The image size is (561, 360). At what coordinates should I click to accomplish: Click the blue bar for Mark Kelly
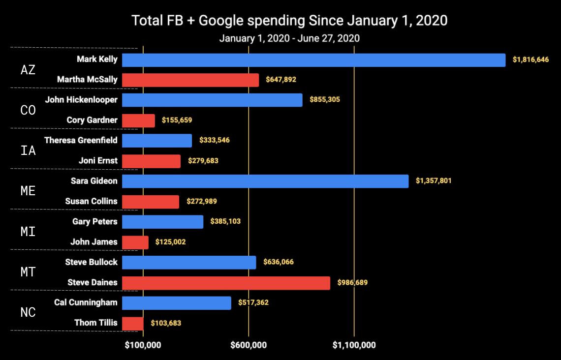click(313, 60)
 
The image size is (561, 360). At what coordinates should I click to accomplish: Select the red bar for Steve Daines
click(226, 283)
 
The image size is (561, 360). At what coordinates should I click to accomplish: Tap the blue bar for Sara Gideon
click(265, 181)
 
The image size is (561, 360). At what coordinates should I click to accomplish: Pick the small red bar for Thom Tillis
click(133, 323)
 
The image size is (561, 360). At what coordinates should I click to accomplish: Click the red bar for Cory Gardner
click(138, 120)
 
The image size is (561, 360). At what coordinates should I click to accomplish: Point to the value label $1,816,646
click(530, 60)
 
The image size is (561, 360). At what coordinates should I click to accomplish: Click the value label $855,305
click(325, 100)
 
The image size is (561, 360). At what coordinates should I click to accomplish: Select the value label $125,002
click(171, 242)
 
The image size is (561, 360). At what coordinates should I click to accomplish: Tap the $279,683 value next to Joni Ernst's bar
click(203, 161)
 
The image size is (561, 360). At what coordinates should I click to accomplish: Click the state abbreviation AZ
click(28, 70)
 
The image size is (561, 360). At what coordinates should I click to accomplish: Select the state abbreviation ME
click(28, 191)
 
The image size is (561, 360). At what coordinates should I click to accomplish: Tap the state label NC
click(28, 312)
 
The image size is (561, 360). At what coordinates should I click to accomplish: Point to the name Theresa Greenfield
click(81, 140)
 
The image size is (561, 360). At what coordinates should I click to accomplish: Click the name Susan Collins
click(92, 201)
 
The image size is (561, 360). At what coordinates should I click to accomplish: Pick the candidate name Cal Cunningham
click(86, 302)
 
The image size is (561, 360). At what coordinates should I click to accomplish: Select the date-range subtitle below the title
click(289, 38)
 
